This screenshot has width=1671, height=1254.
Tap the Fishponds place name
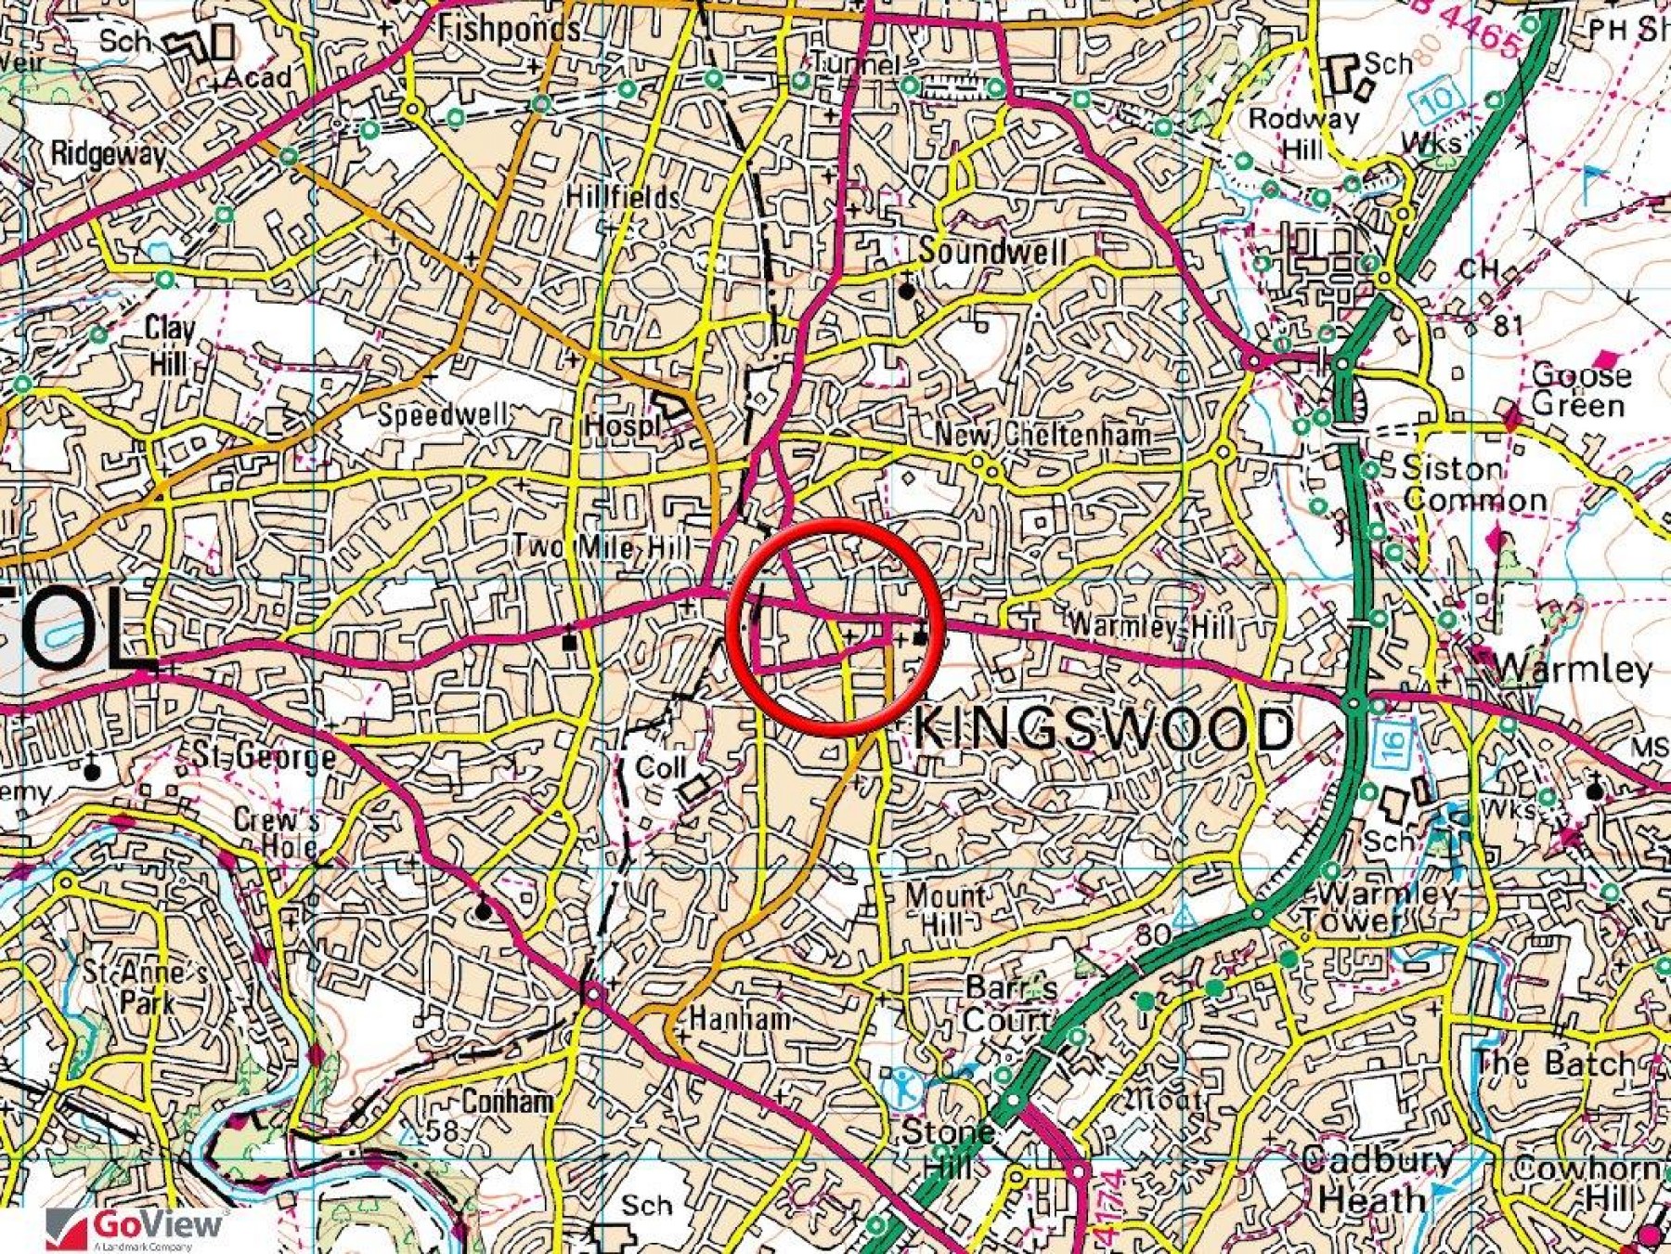pyautogui.click(x=510, y=30)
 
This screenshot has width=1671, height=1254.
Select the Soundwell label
pyautogui.click(x=992, y=251)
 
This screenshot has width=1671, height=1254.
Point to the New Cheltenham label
pyautogui.click(x=1043, y=434)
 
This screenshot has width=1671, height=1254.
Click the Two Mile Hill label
pyautogui.click(x=602, y=546)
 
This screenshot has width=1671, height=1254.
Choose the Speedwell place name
pyautogui.click(x=443, y=414)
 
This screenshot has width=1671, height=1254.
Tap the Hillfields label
pyautogui.click(x=623, y=197)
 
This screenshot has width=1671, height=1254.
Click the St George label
pyautogui.click(x=264, y=756)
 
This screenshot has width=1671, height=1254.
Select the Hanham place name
pyautogui.click(x=739, y=1019)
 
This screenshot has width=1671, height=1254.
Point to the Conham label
pyautogui.click(x=508, y=1102)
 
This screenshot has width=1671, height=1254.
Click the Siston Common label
pyautogui.click(x=1473, y=484)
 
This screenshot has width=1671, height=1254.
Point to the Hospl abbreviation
pyautogui.click(x=621, y=426)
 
